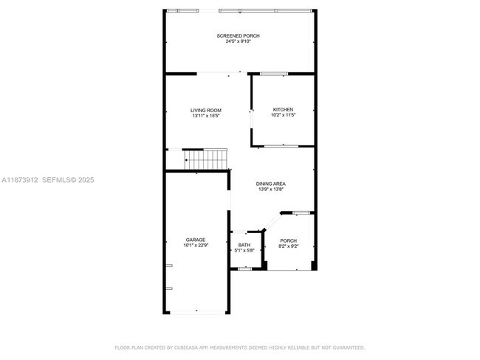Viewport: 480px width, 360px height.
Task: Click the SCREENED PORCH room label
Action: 238,35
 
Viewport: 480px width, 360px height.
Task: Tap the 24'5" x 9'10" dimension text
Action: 238,41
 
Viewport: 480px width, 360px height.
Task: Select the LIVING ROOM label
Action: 206,110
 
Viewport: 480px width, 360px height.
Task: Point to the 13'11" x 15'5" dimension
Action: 206,116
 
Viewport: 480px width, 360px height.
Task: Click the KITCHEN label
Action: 283,109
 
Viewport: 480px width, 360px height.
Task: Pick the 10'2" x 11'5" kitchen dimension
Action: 283,115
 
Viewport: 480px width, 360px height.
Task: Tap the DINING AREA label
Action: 271,184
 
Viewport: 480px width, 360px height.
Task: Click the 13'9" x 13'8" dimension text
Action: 271,190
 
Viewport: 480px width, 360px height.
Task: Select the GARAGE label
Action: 196,240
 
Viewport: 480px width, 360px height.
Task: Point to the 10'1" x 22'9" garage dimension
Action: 196,246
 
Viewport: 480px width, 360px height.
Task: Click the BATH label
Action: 244,245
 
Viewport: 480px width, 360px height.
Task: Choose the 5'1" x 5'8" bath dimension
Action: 244,251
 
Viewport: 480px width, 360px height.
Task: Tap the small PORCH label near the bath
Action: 288,240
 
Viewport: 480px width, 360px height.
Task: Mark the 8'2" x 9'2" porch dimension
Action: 288,246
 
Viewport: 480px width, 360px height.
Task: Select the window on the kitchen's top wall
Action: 274,73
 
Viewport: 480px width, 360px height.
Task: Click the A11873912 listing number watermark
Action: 19,179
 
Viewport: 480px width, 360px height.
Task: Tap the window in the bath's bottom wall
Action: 244,269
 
